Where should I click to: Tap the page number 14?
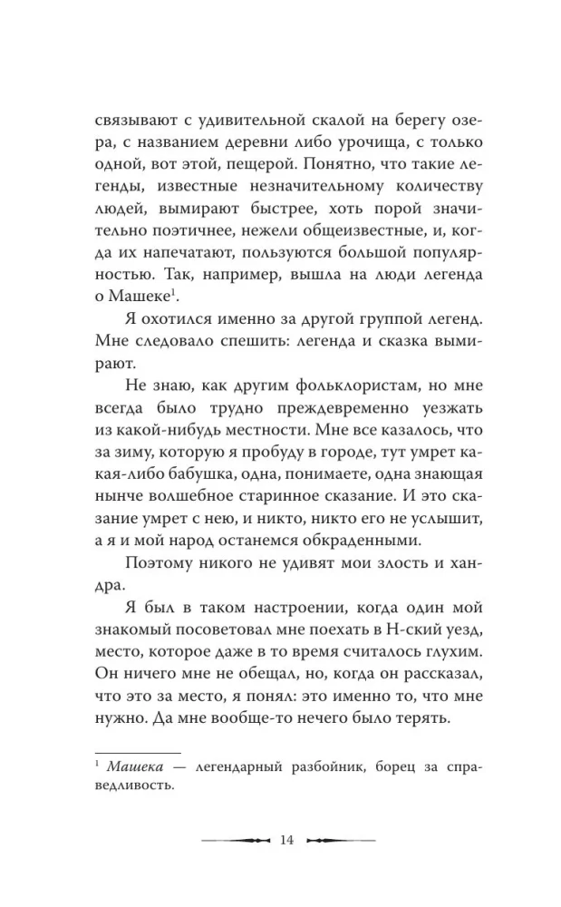pos(287,839)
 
